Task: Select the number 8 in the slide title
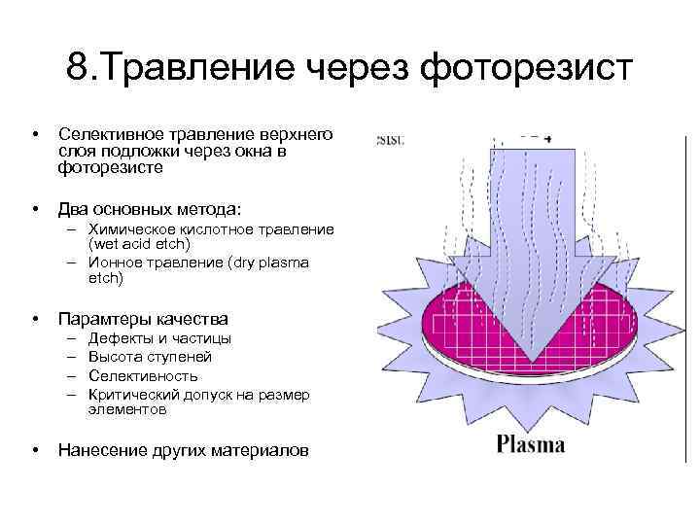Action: [x=77, y=68]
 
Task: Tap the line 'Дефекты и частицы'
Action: [x=159, y=338]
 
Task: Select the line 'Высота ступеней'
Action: [x=150, y=357]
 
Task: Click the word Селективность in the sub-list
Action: [x=143, y=375]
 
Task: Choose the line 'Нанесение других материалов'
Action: [x=184, y=450]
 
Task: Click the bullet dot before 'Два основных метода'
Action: [x=34, y=209]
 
